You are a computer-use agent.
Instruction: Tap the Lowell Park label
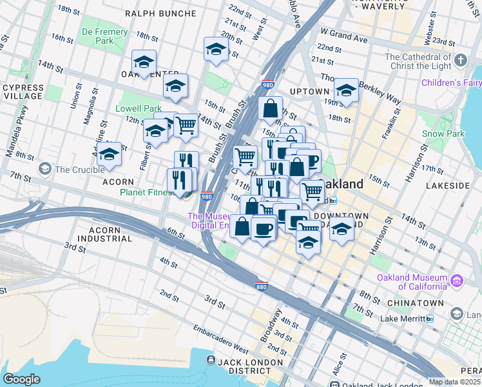pyautogui.click(x=139, y=109)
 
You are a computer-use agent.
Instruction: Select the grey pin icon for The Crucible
pyautogui.click(x=44, y=169)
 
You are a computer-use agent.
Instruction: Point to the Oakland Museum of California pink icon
pyautogui.click(x=457, y=281)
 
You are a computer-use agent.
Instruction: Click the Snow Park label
pyautogui.click(x=443, y=134)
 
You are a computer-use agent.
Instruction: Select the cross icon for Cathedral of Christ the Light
pyautogui.click(x=460, y=61)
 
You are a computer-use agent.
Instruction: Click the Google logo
pyautogui.click(x=22, y=379)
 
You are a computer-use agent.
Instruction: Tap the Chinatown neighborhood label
pyautogui.click(x=415, y=303)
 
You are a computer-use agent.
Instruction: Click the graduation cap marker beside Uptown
pyautogui.click(x=346, y=91)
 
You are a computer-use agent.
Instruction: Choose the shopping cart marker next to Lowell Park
pyautogui.click(x=186, y=124)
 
